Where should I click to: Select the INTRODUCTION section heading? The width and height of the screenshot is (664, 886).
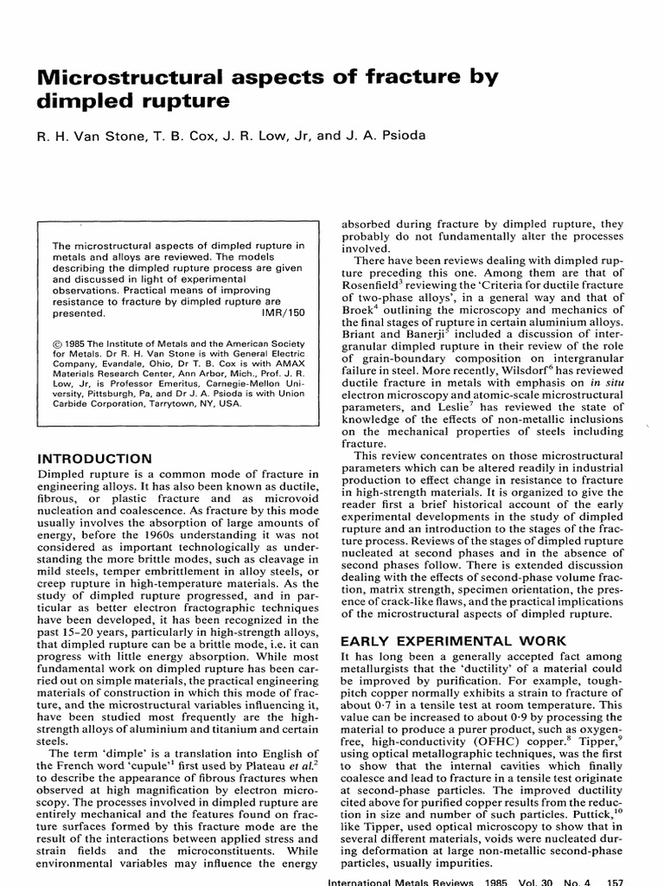point(95,458)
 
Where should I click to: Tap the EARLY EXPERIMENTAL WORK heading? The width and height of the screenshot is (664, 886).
point(440,641)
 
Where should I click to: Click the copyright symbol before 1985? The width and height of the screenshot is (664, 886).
point(58,345)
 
